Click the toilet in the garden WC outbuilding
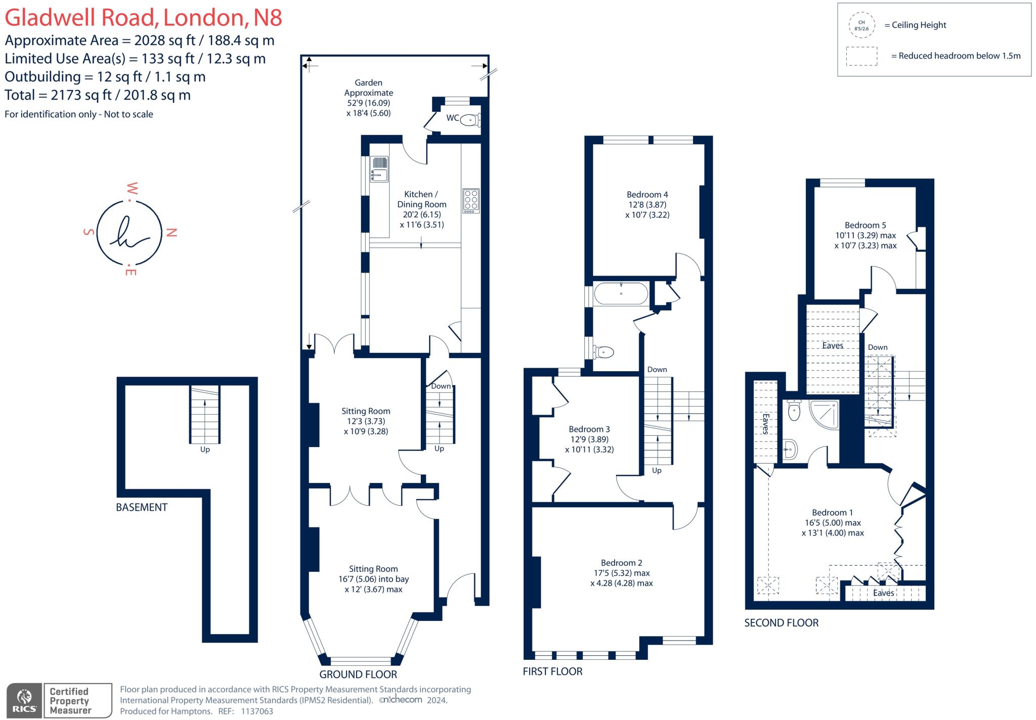tap(470, 120)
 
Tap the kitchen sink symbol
tap(379, 169)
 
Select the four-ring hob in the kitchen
tap(471, 201)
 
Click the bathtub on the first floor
tap(621, 293)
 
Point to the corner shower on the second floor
tap(824, 415)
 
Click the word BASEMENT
tap(142, 507)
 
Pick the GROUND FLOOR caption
tap(358, 674)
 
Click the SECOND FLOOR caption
tap(781, 623)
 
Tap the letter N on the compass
tap(171, 233)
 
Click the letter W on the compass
tap(132, 189)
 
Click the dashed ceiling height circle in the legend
tap(861, 25)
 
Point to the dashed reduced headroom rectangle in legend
tap(861, 56)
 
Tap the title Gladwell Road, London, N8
tap(143, 18)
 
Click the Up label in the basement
tap(205, 449)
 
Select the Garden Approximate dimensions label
tap(368, 98)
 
